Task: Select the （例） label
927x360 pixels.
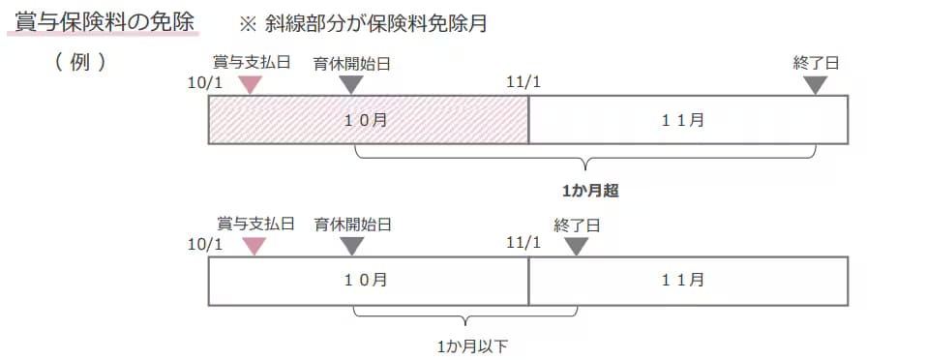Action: click(x=80, y=62)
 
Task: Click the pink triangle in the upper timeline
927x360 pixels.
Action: click(x=250, y=85)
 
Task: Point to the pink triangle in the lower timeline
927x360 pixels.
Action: click(x=254, y=246)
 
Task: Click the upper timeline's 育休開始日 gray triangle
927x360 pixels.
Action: click(x=351, y=85)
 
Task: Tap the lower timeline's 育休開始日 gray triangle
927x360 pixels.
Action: click(x=352, y=246)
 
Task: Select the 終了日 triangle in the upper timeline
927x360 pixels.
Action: click(x=816, y=85)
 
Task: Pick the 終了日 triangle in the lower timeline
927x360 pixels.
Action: click(x=577, y=246)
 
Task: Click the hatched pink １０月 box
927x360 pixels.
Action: click(x=368, y=120)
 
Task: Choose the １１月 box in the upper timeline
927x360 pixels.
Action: click(x=688, y=120)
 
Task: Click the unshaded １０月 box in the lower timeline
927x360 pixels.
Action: click(x=368, y=281)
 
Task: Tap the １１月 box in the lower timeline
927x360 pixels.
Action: click(x=688, y=281)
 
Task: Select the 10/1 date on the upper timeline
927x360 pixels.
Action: click(x=205, y=82)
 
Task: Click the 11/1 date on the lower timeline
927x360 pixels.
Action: click(x=523, y=242)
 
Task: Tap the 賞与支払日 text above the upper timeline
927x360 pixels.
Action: click(x=251, y=63)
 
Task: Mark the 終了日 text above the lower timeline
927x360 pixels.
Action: click(x=578, y=225)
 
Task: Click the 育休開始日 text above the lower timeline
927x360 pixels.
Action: click(x=352, y=225)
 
